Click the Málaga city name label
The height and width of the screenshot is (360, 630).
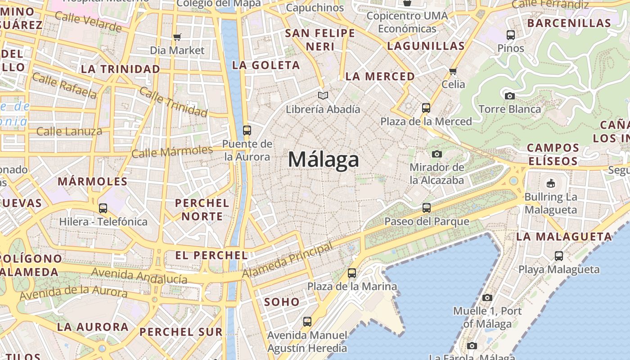coord(324,160)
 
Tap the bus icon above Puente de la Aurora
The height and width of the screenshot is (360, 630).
coord(247,130)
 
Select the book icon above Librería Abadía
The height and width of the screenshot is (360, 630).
coord(323,95)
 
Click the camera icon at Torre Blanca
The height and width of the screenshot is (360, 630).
coord(509,96)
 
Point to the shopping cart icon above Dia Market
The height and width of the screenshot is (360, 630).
coord(177,37)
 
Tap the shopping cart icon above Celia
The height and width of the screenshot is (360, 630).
coord(453,71)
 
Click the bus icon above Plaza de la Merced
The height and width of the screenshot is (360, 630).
coord(426,108)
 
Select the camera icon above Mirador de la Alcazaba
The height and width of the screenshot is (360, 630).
coord(436,154)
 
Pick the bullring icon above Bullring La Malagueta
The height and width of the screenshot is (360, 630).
coord(550,183)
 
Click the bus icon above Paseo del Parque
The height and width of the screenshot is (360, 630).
coord(426,208)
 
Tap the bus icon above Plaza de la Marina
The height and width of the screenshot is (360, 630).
coord(352,273)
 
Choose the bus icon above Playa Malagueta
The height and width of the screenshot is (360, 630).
coord(558,256)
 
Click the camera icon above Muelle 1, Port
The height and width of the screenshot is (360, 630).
coord(487,297)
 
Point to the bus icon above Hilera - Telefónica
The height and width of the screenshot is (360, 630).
coord(103,208)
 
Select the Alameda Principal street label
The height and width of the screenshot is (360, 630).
coord(288,260)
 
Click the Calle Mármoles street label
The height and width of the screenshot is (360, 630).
coord(172,152)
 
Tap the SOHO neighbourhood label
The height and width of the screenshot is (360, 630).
coord(282,302)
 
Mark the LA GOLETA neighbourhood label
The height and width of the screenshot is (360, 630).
coord(266,65)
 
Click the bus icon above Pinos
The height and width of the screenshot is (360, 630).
coord(510,35)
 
